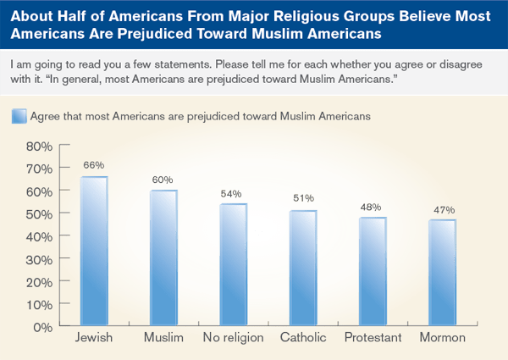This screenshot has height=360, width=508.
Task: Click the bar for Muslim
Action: tap(163, 257)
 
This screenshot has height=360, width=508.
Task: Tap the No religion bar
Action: tap(233, 263)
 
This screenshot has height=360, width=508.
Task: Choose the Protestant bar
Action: tap(372, 270)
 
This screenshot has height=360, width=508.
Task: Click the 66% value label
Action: tap(93, 164)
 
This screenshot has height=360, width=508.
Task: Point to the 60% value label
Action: tap(163, 179)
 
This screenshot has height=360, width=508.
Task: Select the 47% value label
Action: tap(441, 208)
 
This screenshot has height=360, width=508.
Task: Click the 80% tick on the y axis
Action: tap(39, 146)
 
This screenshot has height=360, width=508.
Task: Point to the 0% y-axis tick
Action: tap(44, 325)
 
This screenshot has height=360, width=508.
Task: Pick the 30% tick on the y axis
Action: tap(39, 258)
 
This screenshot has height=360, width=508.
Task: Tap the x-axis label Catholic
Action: tap(302, 340)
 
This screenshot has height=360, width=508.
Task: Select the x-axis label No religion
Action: tap(233, 340)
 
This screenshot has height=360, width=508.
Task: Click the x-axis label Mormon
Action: tap(441, 340)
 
